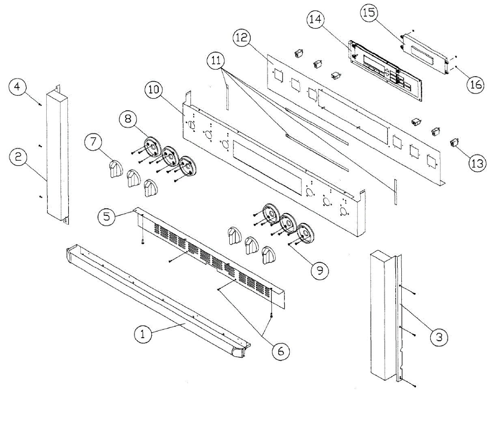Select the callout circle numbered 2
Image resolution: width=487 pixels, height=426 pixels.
(x=18, y=157)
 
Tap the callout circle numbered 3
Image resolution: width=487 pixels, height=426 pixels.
(x=439, y=336)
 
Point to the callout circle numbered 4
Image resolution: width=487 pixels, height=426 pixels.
(x=18, y=87)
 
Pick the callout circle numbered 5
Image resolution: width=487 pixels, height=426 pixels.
(x=106, y=216)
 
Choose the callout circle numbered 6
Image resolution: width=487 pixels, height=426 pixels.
(x=281, y=351)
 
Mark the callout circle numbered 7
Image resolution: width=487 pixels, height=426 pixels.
(x=93, y=143)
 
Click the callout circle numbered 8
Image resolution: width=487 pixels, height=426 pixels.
(x=128, y=119)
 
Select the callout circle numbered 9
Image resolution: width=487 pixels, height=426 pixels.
(x=320, y=271)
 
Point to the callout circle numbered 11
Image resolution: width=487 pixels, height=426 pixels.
(x=216, y=61)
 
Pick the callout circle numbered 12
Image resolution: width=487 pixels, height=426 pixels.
(x=242, y=38)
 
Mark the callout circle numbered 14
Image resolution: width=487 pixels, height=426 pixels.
(x=315, y=19)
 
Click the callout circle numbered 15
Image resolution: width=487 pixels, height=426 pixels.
(x=369, y=13)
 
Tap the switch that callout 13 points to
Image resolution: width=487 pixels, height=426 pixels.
(x=454, y=142)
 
